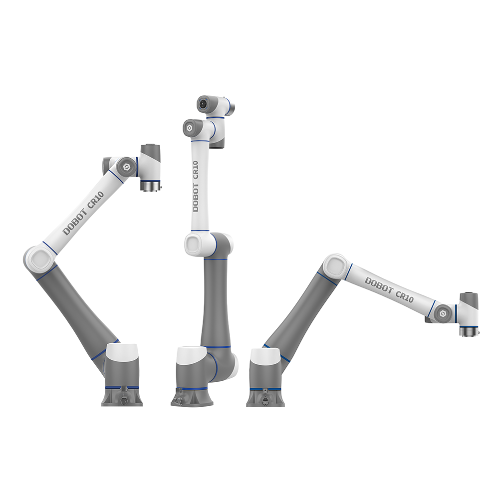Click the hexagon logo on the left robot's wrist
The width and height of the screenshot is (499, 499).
coord(127,167)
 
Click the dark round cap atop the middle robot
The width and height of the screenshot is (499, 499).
coord(204,104)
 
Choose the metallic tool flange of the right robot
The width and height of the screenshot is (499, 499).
coord(469,330)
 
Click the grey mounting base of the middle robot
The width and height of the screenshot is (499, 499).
coord(192,397)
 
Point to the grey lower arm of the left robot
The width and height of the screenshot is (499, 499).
coord(80,304)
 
